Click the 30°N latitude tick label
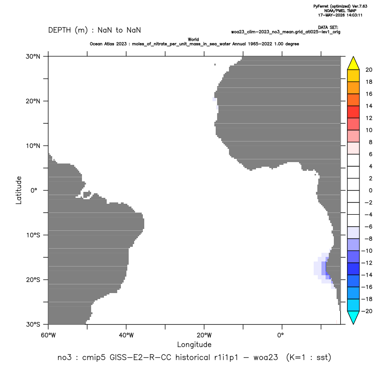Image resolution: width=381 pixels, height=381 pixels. (33, 56)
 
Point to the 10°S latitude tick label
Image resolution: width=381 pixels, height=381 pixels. (33, 235)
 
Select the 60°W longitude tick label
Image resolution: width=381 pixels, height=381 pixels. (48, 335)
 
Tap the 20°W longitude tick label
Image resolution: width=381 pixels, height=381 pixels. (204, 335)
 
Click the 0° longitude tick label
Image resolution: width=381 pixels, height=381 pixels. (280, 335)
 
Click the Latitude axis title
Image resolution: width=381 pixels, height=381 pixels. (19, 190)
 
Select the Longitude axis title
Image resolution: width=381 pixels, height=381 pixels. (194, 344)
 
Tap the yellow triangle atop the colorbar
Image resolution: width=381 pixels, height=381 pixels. (354, 63)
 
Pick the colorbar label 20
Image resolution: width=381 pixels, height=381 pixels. (369, 70)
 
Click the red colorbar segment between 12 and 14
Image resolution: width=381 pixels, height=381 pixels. (354, 112)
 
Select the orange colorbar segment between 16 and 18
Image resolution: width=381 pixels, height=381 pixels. (354, 88)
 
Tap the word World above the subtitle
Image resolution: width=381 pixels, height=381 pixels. (193, 39)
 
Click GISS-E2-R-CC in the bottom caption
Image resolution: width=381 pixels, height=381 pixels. (141, 358)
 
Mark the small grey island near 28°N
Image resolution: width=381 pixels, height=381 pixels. (215, 65)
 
